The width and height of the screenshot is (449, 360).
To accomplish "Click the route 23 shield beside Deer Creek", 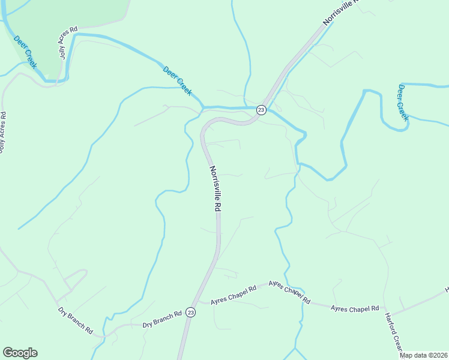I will (x=261, y=110).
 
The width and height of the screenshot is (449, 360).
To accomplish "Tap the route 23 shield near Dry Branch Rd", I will (x=190, y=312).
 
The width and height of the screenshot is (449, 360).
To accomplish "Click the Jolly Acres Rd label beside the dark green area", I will (x=68, y=42).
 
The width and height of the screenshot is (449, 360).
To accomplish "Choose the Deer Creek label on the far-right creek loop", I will (x=402, y=103).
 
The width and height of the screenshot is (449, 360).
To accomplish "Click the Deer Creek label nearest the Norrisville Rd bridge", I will (x=178, y=80).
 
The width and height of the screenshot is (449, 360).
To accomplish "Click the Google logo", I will (x=20, y=353).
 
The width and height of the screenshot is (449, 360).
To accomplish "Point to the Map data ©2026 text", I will (x=424, y=355).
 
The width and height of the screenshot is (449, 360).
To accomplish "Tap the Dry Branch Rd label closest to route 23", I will (x=162, y=320).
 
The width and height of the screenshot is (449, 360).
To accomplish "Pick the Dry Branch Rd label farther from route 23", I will (x=76, y=320).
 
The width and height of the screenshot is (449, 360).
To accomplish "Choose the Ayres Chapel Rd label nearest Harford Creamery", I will (x=355, y=308).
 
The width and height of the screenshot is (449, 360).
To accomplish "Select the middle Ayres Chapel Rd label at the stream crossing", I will (x=289, y=292).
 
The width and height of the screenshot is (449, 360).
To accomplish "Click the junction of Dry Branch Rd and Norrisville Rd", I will (x=186, y=324).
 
